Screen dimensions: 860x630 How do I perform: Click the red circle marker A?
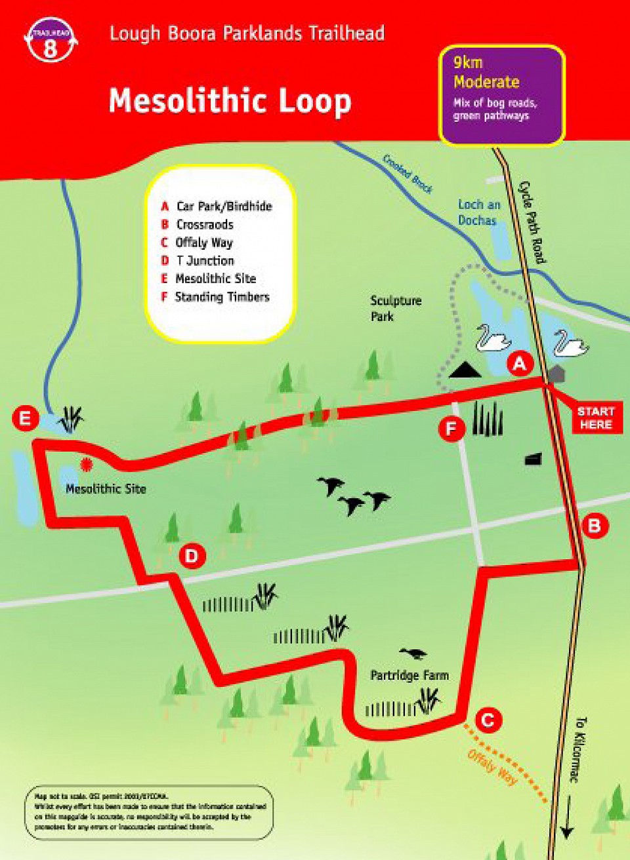pyautogui.click(x=520, y=362)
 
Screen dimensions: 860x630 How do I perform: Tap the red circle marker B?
pyautogui.click(x=595, y=526)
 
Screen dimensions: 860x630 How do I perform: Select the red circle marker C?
pyautogui.click(x=488, y=721)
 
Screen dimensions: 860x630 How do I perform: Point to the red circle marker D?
pyautogui.click(x=192, y=557)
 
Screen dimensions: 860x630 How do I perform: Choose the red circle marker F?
pyautogui.click(x=451, y=429)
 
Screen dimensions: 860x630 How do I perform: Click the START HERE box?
pyautogui.click(x=595, y=418)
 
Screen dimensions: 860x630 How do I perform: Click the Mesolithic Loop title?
pyautogui.click(x=230, y=102)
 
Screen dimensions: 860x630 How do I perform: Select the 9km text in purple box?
pyautogui.click(x=468, y=63)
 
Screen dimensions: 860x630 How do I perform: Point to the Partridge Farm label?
pyautogui.click(x=409, y=675)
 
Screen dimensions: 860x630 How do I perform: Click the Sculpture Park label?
pyautogui.click(x=395, y=308)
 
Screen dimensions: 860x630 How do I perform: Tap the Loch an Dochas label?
pyautogui.click(x=478, y=212)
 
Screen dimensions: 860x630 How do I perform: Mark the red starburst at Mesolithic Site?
pyautogui.click(x=86, y=465)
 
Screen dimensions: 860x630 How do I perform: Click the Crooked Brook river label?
pyautogui.click(x=408, y=174)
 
